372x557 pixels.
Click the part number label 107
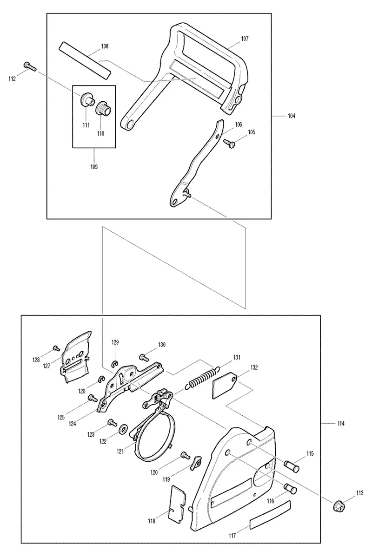[245, 39]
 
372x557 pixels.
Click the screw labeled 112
[29, 66]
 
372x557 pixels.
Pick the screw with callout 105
[228, 143]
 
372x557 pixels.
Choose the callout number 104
[291, 116]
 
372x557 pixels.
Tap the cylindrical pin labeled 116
[290, 488]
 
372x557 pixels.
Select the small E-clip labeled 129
[115, 363]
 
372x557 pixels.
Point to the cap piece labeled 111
[86, 99]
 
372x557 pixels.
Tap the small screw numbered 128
[55, 348]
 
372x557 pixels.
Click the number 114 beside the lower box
[341, 423]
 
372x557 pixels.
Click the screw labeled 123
[113, 422]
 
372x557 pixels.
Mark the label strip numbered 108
[85, 59]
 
